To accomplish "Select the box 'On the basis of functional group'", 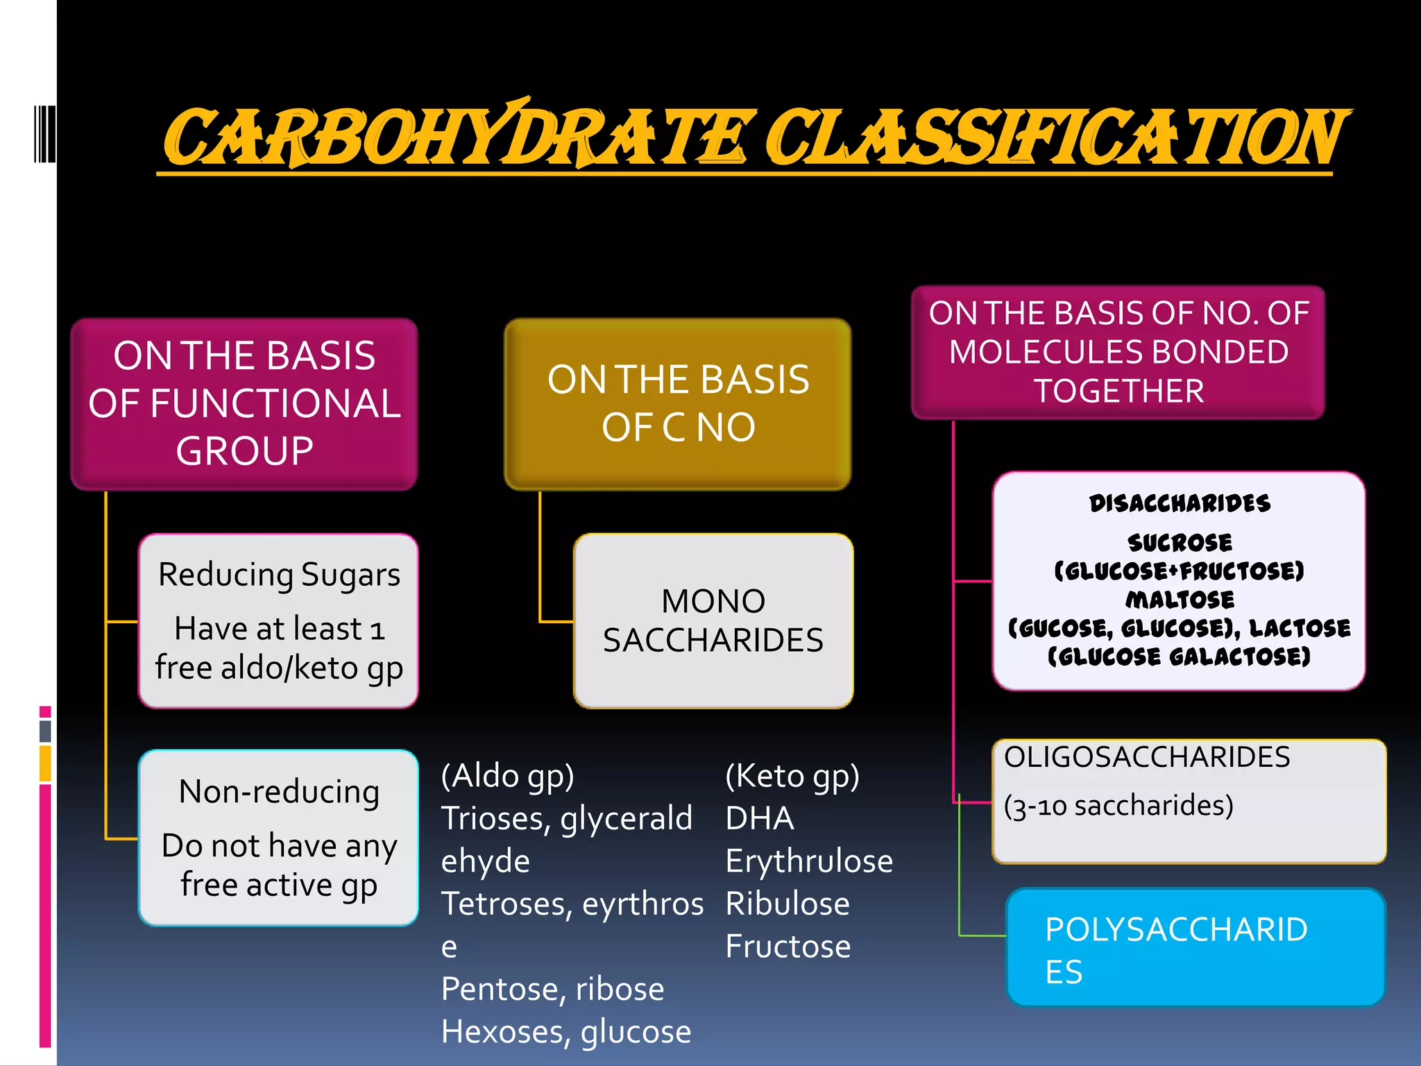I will pyautogui.click(x=244, y=404).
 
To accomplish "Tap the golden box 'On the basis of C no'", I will pyautogui.click(x=678, y=404).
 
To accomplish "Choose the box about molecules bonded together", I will pyautogui.click(x=1118, y=352).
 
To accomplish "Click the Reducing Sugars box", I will pyautogui.click(x=278, y=620).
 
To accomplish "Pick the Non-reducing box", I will pyautogui.click(x=278, y=837).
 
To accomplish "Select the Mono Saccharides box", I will pyautogui.click(x=713, y=620).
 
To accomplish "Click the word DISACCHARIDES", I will pyautogui.click(x=1180, y=503).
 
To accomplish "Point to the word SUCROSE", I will pyautogui.click(x=1180, y=542).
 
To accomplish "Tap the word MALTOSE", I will pyautogui.click(x=1180, y=600).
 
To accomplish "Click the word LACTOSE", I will pyautogui.click(x=1300, y=628).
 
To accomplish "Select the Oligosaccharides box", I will pyautogui.click(x=1189, y=801).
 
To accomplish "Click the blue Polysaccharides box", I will pyautogui.click(x=1195, y=948).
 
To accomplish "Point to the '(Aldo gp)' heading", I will pyautogui.click(x=508, y=776).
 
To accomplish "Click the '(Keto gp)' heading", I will pyautogui.click(x=792, y=776).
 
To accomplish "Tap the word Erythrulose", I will pyautogui.click(x=809, y=861).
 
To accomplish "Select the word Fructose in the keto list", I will pyautogui.click(x=788, y=947).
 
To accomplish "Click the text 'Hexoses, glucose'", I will pyautogui.click(x=566, y=1032).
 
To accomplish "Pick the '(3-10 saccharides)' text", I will pyautogui.click(x=1118, y=806).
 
